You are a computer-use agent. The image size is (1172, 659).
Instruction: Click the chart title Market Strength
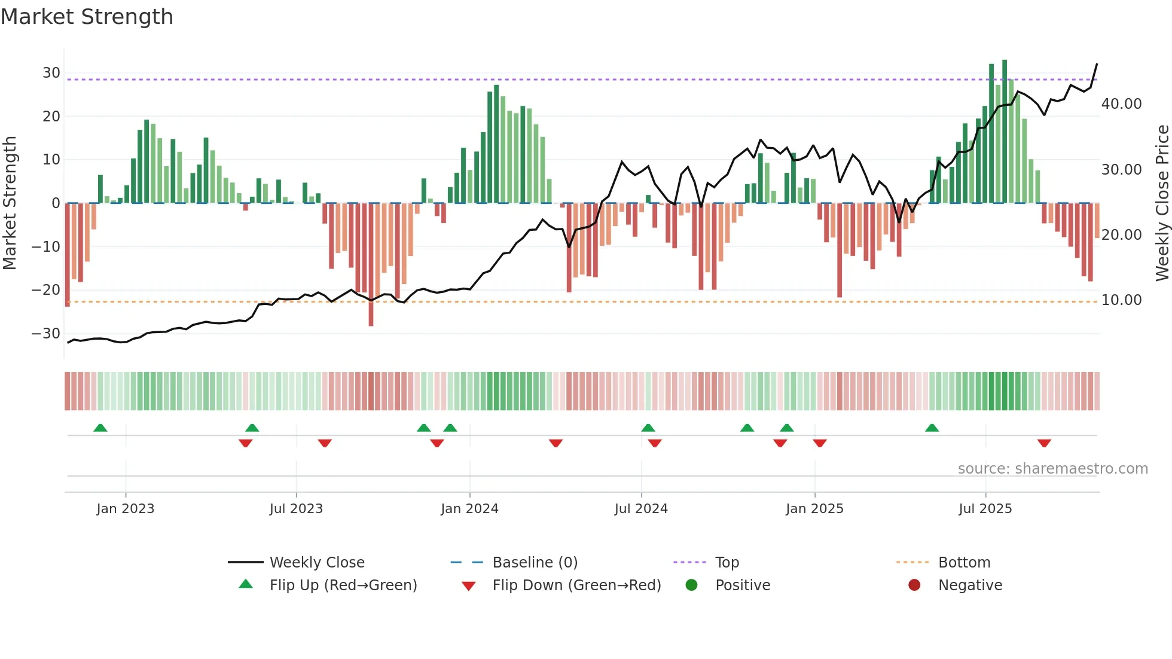pos(87,17)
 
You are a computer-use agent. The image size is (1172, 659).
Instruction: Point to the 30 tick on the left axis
pos(51,73)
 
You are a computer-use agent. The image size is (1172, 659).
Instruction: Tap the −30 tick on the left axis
pos(47,334)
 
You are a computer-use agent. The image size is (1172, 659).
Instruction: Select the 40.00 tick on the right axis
pos(1121,104)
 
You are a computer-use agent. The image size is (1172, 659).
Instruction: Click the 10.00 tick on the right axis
pos(1121,300)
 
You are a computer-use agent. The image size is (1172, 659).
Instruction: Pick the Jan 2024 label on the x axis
pos(469,509)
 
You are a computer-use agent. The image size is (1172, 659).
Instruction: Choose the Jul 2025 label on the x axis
pos(985,509)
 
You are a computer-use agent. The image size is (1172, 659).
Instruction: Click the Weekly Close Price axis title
pos(1162,203)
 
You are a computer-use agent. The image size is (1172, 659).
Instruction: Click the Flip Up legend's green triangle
pos(246,584)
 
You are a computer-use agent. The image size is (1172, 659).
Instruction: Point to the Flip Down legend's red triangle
pos(469,586)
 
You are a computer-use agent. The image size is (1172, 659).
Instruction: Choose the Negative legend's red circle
pos(914,585)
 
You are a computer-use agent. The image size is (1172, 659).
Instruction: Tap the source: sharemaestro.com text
pos(1052,469)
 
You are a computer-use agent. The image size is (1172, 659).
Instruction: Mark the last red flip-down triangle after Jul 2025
pos(1044,443)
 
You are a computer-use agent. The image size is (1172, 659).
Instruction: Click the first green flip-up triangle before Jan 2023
pos(100,428)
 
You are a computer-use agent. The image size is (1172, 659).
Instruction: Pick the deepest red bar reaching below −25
pos(371,264)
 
